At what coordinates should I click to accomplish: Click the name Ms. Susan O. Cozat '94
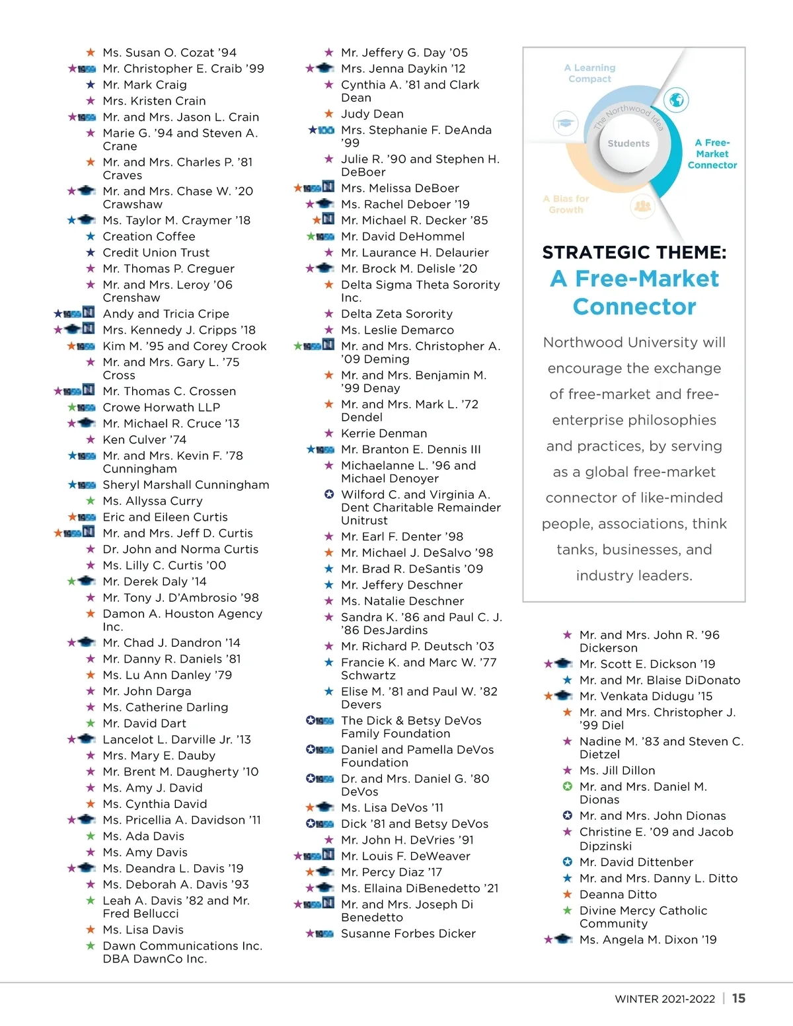click(x=169, y=53)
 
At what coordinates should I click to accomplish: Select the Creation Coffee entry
click(x=149, y=237)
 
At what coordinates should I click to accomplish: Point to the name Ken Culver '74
click(x=144, y=440)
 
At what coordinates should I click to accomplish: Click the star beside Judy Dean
click(x=329, y=114)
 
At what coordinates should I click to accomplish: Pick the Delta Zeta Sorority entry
click(x=397, y=314)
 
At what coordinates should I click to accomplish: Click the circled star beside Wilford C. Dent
click(x=329, y=495)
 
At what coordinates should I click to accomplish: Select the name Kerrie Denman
click(x=384, y=433)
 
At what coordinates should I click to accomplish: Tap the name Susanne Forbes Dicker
click(x=408, y=934)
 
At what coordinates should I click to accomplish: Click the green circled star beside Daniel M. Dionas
click(x=567, y=787)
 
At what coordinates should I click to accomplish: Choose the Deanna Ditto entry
click(x=618, y=895)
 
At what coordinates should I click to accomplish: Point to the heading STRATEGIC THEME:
click(x=634, y=252)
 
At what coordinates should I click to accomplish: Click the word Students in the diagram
click(x=628, y=143)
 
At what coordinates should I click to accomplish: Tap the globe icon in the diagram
click(x=675, y=100)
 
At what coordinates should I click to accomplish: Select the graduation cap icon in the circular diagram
click(x=565, y=123)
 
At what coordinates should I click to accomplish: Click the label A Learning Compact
click(x=589, y=73)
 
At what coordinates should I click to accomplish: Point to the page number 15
click(x=739, y=998)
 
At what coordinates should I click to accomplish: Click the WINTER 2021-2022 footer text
click(x=664, y=999)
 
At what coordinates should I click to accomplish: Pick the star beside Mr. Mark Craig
click(x=91, y=85)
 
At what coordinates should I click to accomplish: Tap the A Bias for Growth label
click(x=566, y=204)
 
